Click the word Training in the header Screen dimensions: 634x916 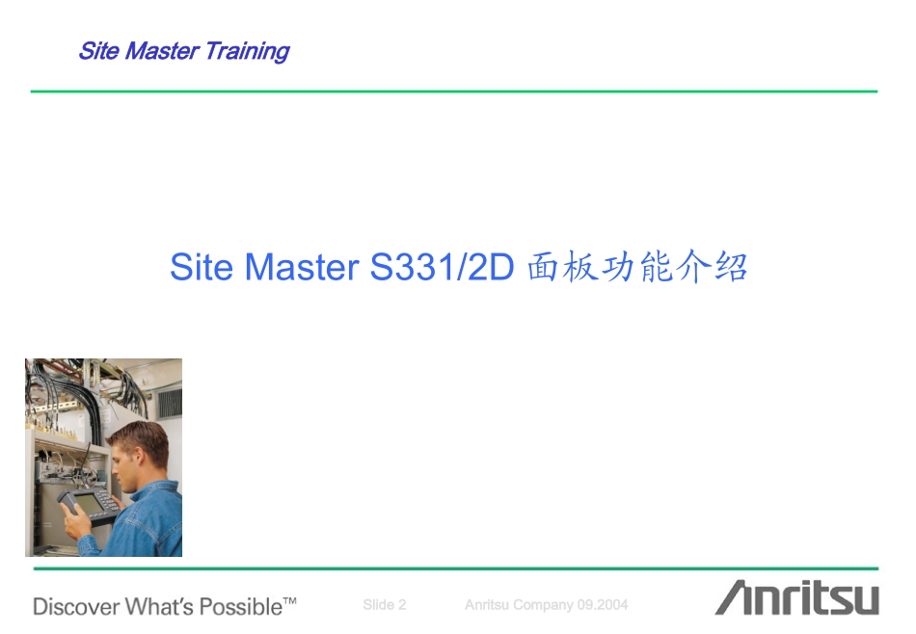pyautogui.click(x=247, y=51)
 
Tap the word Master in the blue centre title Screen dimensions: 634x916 pyautogui.click(x=302, y=267)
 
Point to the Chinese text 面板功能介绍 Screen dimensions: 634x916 pyautogui.click(x=637, y=267)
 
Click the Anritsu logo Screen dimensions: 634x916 pyautogui.click(x=796, y=598)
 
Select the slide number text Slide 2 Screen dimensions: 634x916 pyautogui.click(x=384, y=605)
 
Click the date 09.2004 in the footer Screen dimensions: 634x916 pyautogui.click(x=603, y=605)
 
